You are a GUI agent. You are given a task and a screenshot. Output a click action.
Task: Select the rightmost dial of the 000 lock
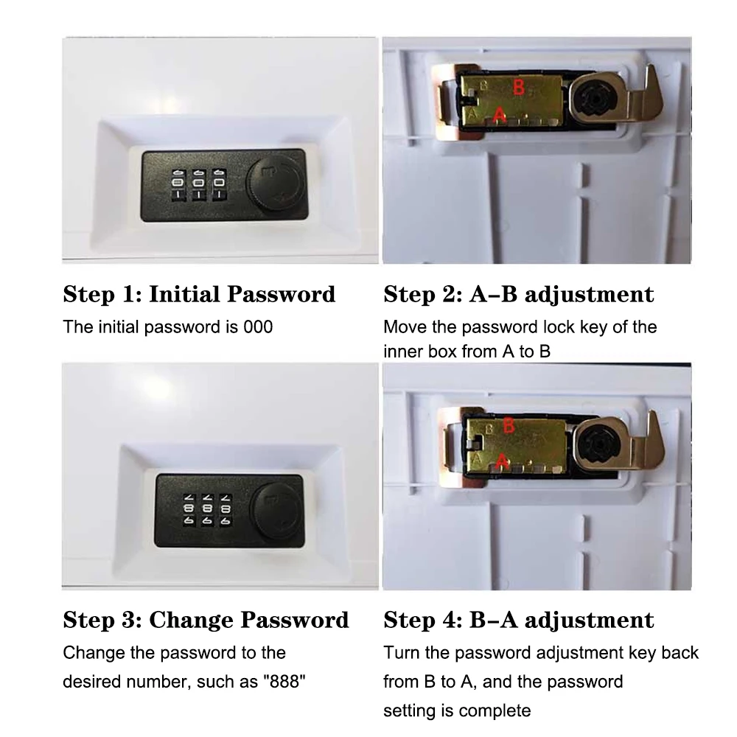click(218, 186)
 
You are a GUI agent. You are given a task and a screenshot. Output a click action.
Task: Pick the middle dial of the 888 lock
click(208, 508)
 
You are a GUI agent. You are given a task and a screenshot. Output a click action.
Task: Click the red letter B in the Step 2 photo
click(519, 89)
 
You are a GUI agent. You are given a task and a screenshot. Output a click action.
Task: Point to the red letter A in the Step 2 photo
click(499, 114)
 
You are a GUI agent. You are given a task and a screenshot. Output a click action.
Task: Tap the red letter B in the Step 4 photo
click(508, 425)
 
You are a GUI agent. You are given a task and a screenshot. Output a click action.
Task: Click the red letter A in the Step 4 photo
click(502, 460)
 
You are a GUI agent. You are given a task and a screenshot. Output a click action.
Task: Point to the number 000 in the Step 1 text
click(257, 326)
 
